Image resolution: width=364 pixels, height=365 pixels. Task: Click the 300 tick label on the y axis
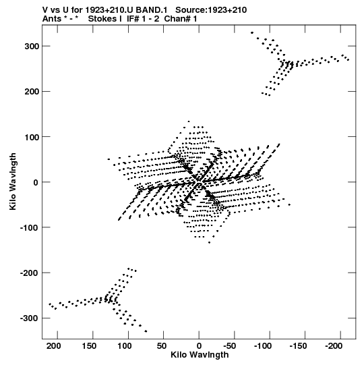coord(32,47)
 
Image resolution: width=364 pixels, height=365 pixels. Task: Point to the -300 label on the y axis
coord(29,318)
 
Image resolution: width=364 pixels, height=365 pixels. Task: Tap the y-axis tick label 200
coord(32,92)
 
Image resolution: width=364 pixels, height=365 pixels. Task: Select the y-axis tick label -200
coord(29,273)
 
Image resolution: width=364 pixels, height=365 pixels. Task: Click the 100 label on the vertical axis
coord(32,137)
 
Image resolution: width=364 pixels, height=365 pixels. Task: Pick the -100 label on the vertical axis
coord(29,227)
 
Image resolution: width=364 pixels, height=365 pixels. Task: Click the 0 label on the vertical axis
coord(36,182)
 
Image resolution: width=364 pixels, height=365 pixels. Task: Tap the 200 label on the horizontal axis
coord(54,346)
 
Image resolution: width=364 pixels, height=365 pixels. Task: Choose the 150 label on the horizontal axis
coord(89,346)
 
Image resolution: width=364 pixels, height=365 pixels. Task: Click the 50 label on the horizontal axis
coord(161,346)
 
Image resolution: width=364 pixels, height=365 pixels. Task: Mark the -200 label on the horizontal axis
coord(334,346)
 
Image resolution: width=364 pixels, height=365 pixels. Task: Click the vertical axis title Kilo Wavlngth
coord(13,181)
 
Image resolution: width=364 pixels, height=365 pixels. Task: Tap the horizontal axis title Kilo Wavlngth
coord(200,355)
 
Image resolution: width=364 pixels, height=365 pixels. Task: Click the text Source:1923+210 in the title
coord(211,10)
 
